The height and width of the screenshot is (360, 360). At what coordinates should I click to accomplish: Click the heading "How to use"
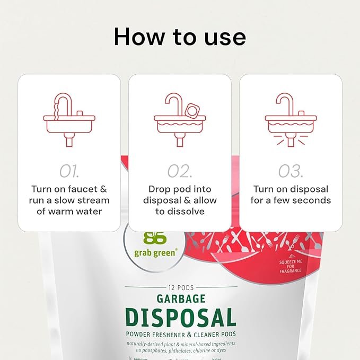(180, 37)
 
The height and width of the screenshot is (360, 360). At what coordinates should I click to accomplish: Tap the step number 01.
(69, 171)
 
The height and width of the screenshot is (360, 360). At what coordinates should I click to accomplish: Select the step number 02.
(180, 171)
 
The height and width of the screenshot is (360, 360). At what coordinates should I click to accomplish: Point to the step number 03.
(291, 171)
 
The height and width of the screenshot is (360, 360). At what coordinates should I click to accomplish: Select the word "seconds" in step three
(313, 200)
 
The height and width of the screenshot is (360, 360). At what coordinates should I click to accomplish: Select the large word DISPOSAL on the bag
(180, 317)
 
